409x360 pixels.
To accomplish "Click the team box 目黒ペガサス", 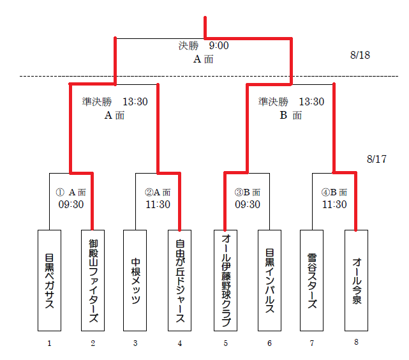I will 49,280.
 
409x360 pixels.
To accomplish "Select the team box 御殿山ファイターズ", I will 93,280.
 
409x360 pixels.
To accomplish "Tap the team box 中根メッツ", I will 135,280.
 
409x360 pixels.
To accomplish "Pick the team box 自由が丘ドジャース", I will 180,280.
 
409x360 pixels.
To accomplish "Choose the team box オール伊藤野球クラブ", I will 225,280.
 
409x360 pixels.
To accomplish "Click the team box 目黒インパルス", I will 269,280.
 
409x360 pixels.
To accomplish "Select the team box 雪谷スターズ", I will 312,280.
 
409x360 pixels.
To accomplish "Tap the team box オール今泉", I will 356,280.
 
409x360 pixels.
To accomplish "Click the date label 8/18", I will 361,56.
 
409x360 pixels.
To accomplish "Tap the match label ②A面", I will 157,192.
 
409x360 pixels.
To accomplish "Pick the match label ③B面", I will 247,192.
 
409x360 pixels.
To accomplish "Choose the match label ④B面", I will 334,192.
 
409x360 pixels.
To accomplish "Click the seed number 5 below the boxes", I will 225,343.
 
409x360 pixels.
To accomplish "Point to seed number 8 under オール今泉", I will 356,342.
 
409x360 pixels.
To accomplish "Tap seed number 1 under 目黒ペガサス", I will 48,343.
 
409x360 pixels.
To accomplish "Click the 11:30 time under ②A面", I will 157,204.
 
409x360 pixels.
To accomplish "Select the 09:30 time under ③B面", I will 247,204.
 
